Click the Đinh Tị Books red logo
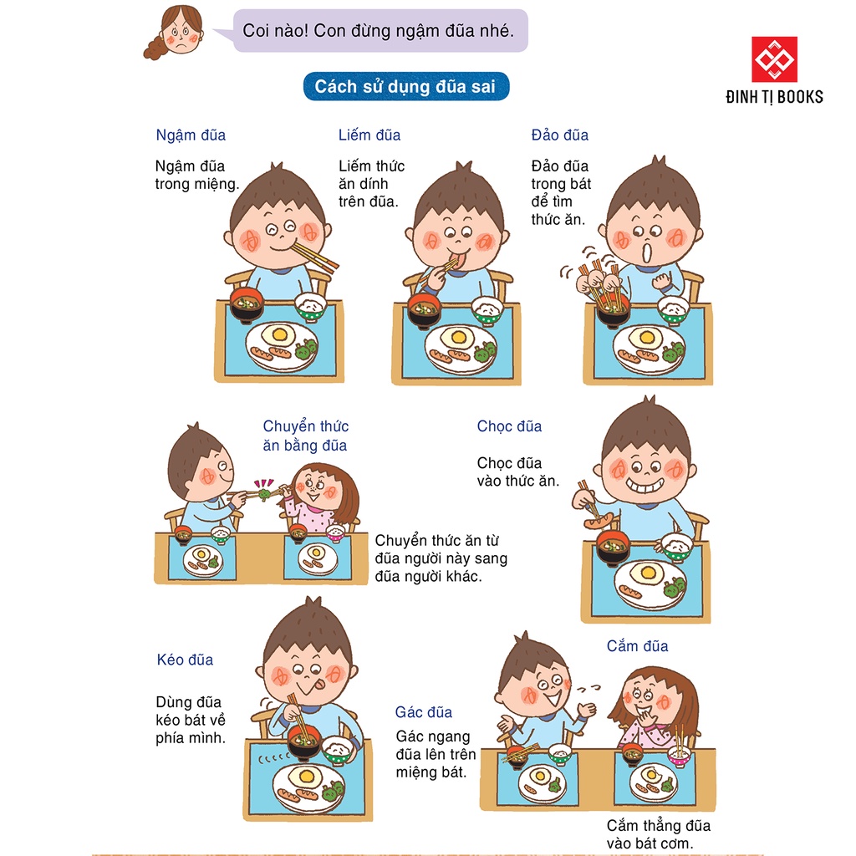(x=774, y=60)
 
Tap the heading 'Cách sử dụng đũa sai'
(x=405, y=87)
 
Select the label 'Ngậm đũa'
(x=191, y=135)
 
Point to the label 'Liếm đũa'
(x=369, y=135)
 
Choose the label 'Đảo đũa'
(x=560, y=135)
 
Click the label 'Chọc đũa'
(x=509, y=426)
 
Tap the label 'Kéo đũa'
(x=185, y=660)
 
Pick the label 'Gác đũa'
(x=424, y=712)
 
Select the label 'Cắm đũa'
(x=637, y=646)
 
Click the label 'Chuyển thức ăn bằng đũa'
(x=305, y=436)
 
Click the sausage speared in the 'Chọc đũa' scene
(x=599, y=522)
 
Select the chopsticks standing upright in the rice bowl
(x=681, y=741)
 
